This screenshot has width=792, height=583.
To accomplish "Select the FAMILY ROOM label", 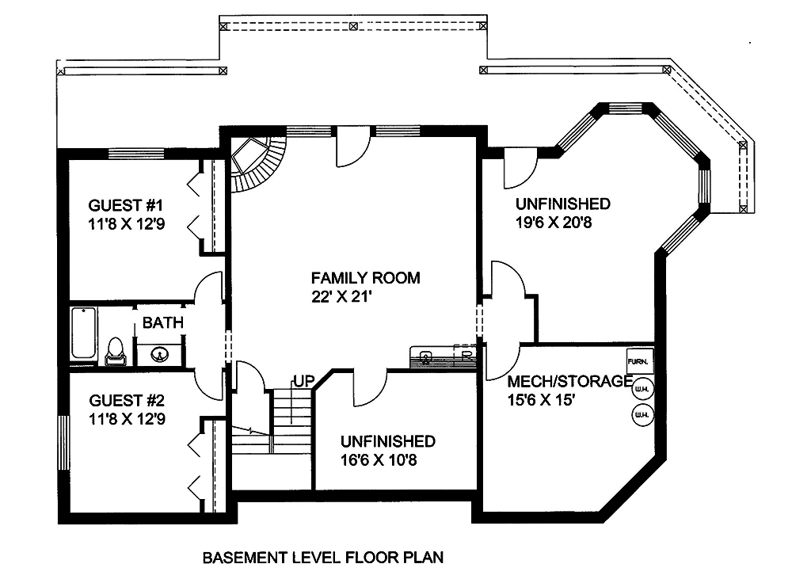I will [365, 278].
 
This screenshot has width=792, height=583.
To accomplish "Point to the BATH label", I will [163, 322].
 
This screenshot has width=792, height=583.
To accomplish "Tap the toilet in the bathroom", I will [116, 350].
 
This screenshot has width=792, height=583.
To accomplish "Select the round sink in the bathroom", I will [160, 353].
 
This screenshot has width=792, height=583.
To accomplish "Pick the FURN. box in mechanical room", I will [639, 361].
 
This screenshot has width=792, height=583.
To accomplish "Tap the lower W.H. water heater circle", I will [641, 414].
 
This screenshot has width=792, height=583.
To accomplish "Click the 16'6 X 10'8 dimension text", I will [387, 460].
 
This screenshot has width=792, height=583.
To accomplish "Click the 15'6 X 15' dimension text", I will [540, 401].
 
